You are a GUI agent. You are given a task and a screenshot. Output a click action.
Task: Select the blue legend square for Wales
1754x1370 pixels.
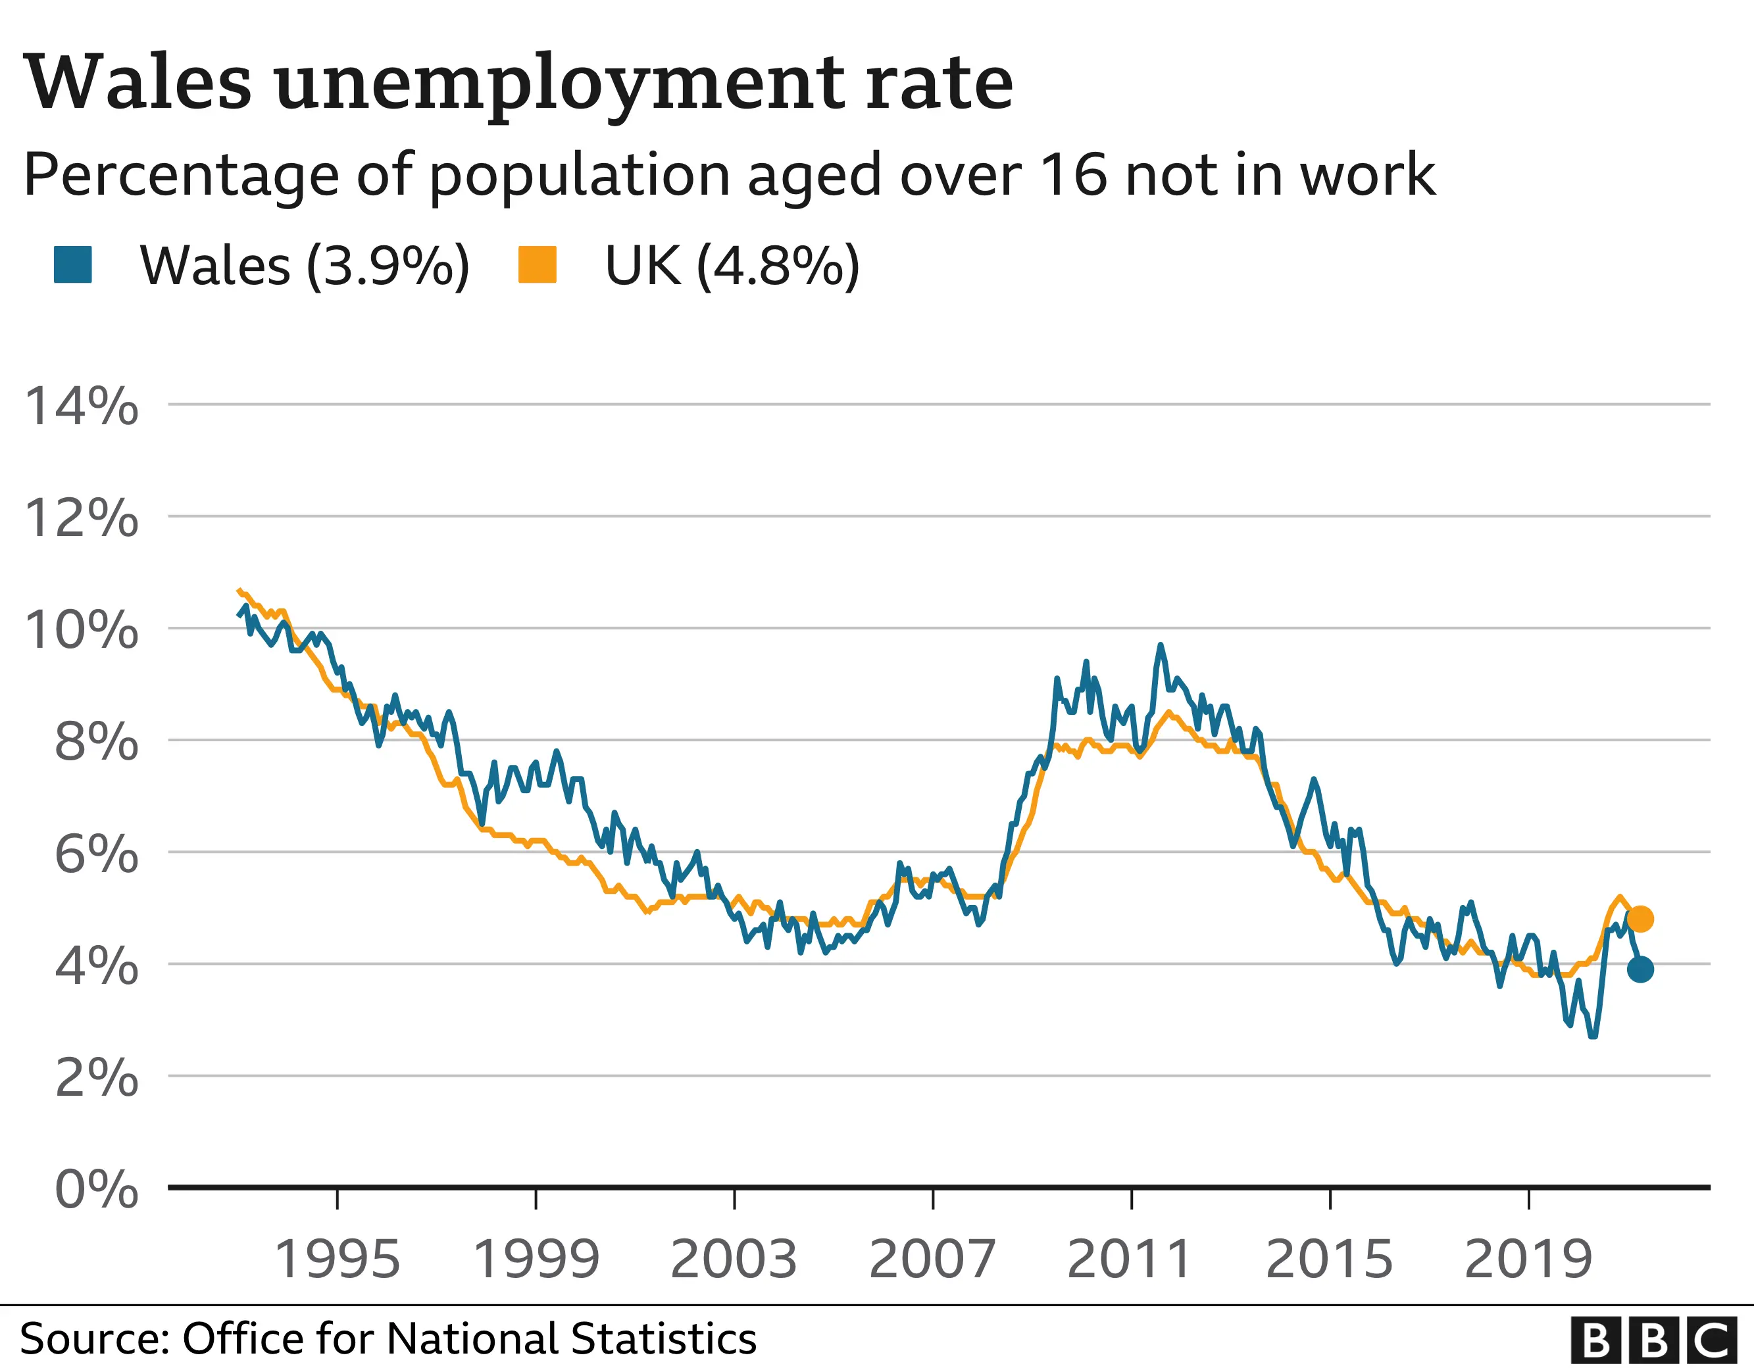click(73, 264)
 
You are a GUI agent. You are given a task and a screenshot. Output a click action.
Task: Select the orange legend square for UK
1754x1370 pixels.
click(538, 264)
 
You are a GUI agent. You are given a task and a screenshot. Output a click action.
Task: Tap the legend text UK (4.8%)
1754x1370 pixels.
click(732, 265)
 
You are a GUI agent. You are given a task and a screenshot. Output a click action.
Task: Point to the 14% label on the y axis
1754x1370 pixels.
click(81, 406)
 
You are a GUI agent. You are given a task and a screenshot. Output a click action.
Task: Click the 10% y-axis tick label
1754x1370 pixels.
click(81, 630)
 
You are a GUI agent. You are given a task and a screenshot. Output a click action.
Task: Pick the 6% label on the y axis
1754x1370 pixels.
click(95, 854)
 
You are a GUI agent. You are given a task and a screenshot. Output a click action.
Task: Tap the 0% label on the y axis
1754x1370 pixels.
click(95, 1189)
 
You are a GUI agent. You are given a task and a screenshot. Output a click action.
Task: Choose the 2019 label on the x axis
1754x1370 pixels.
click(1528, 1260)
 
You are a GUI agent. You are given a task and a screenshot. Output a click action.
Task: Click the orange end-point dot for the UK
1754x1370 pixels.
click(1640, 919)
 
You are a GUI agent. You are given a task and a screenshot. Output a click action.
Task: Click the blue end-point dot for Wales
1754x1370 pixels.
click(1640, 969)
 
